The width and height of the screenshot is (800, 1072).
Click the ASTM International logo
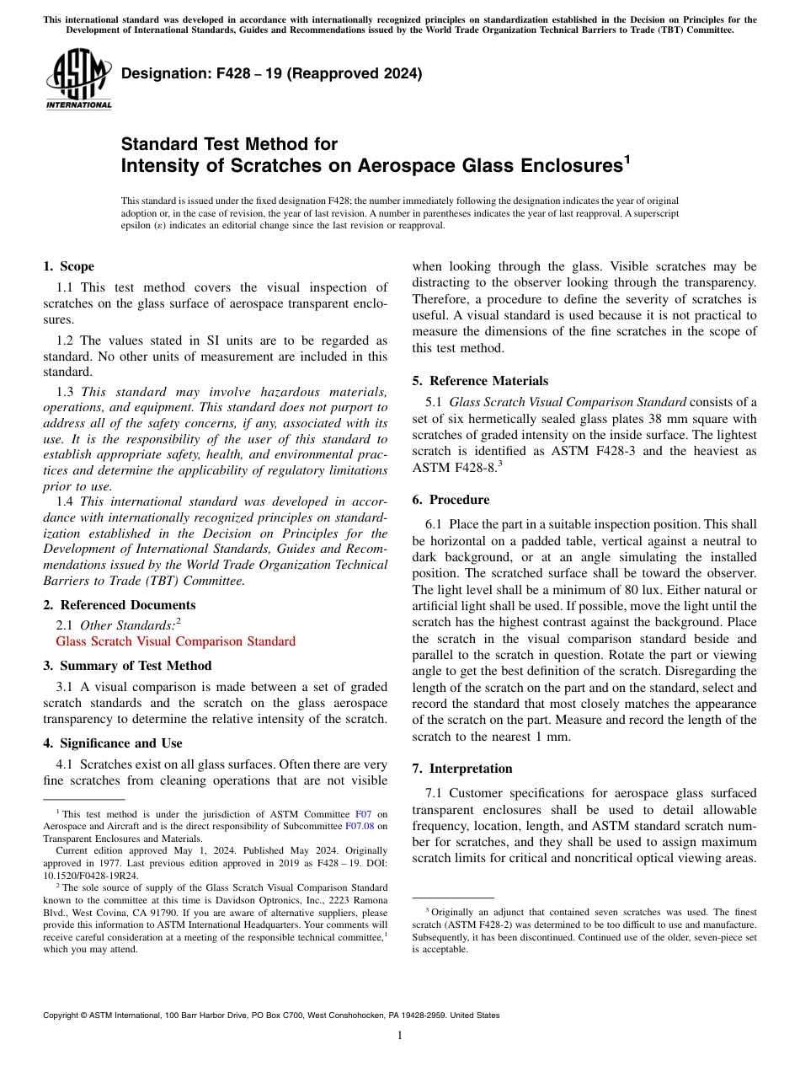78,79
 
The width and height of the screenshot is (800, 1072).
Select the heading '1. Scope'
68,266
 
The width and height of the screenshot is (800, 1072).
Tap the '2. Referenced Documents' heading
119,605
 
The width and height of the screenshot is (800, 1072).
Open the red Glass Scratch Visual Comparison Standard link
175,641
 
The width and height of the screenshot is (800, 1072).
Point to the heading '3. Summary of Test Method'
127,666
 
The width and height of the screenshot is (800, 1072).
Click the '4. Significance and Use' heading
112,743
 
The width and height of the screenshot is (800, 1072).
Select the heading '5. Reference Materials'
480,381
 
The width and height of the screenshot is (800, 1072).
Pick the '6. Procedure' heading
451,500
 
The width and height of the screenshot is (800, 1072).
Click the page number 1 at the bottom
400,1036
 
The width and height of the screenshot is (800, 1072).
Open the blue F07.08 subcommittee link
360,828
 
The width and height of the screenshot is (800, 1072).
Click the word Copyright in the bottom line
62,1016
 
